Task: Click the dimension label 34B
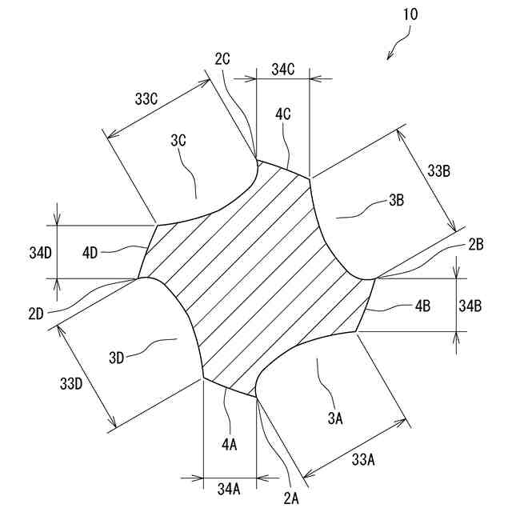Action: point(470,305)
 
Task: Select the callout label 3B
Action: point(395,201)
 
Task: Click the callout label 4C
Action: point(282,114)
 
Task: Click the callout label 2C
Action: point(222,58)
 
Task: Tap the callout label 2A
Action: point(290,498)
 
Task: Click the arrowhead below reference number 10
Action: point(390,55)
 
